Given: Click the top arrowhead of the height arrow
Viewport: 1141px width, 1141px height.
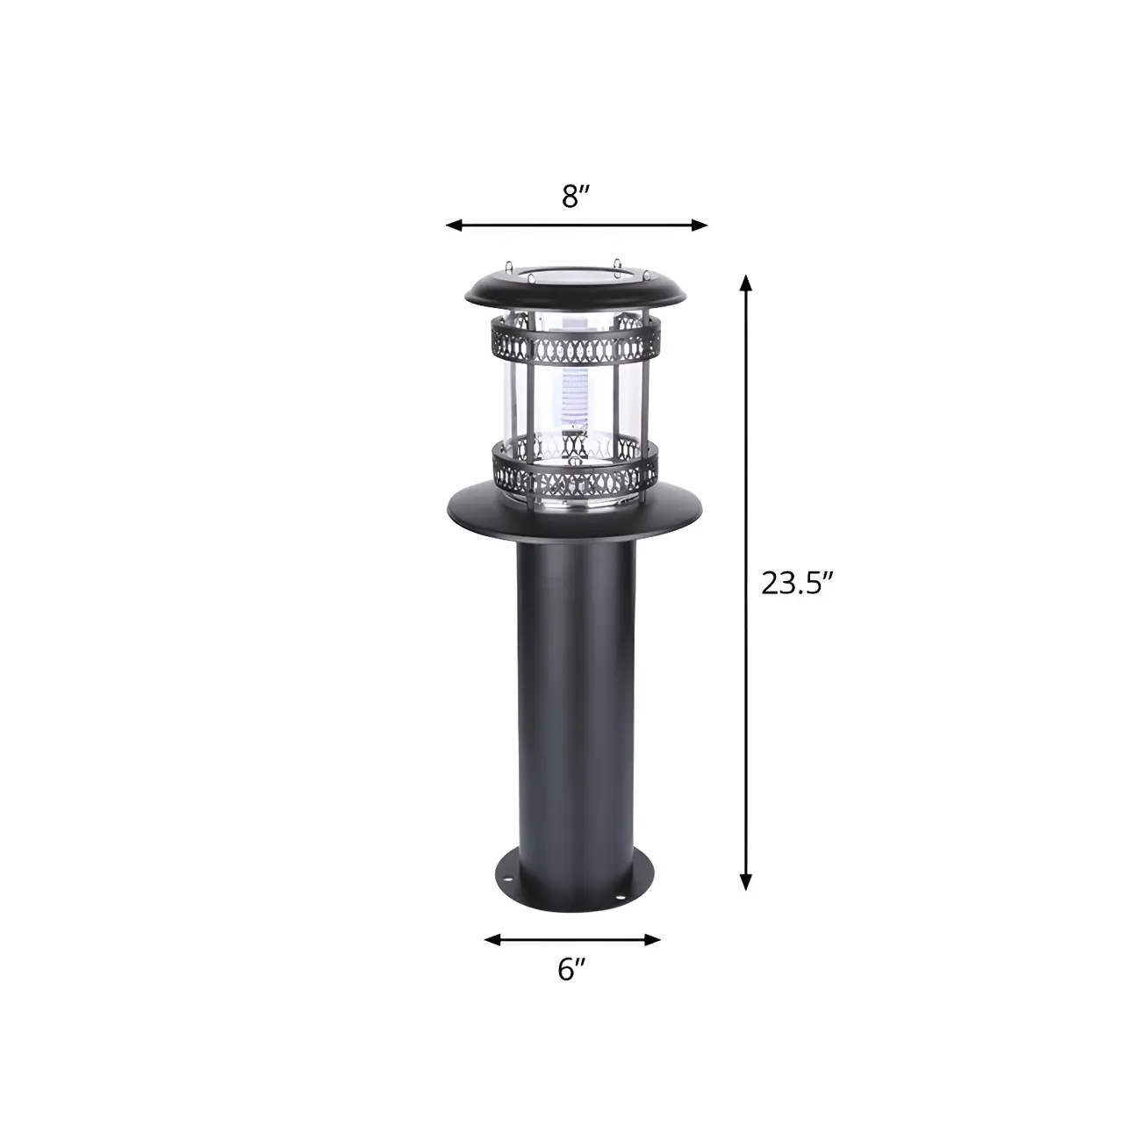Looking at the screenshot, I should pyautogui.click(x=746, y=282).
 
